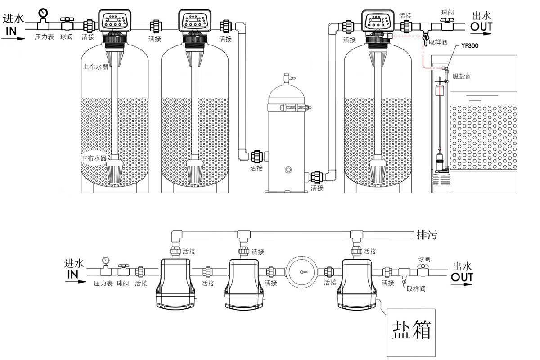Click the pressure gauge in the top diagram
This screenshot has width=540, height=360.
(x=43, y=12)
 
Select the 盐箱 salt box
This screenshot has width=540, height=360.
(x=412, y=331)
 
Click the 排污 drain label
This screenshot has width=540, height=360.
(x=427, y=235)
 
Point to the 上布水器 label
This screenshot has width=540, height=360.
(x=96, y=67)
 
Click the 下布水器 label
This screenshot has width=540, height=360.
(x=94, y=158)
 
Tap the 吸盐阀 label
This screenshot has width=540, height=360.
(x=462, y=76)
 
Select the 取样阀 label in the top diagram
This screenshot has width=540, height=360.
(x=438, y=42)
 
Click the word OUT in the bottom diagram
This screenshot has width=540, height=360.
(x=462, y=277)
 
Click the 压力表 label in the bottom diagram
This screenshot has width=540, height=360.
(x=103, y=283)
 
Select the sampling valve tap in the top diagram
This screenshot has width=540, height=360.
(x=425, y=38)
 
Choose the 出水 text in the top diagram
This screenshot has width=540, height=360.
(x=481, y=16)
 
